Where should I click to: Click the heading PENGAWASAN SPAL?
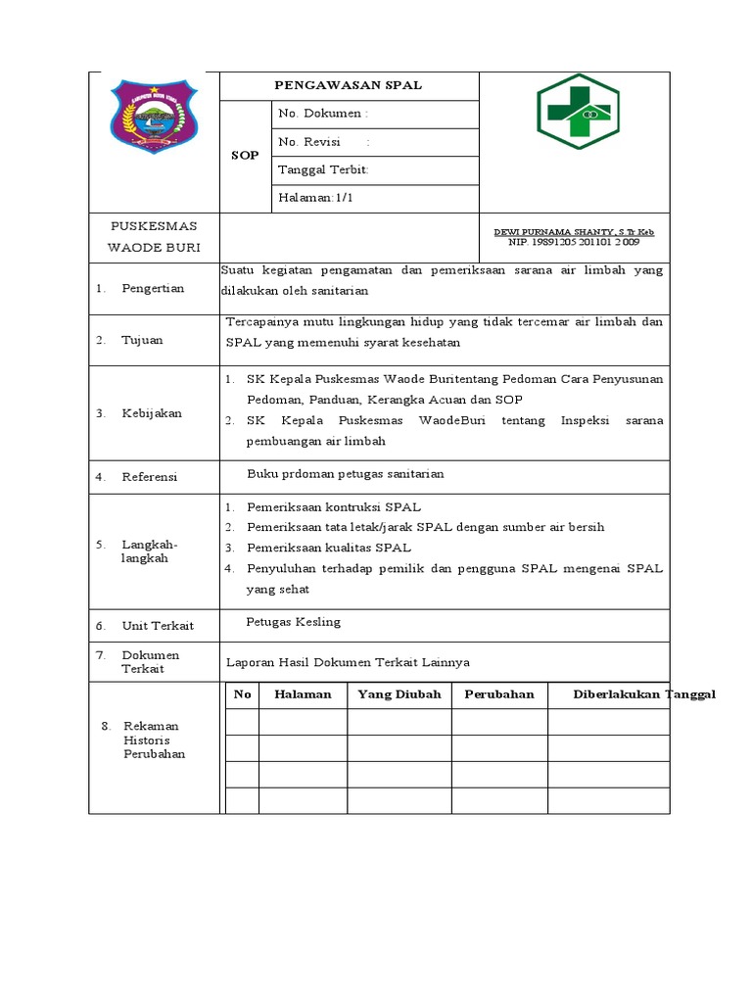[349, 85]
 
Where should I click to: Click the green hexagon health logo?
[577, 112]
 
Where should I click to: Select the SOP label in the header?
[244, 156]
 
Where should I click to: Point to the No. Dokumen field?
[323, 114]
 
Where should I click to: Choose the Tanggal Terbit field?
[323, 169]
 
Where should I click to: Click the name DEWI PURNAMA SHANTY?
[574, 232]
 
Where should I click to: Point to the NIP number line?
[574, 242]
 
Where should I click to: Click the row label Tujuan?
[142, 340]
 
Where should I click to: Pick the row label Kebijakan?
[152, 413]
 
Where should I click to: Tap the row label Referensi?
[149, 477]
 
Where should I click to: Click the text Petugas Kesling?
[294, 622]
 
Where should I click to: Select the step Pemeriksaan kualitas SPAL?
[328, 548]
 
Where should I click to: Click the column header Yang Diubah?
[399, 694]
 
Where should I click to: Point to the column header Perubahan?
[498, 694]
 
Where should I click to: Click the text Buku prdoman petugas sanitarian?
[345, 473]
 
